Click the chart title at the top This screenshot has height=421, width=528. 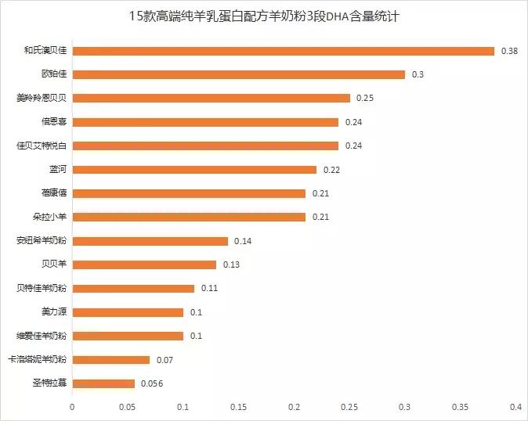click(265, 16)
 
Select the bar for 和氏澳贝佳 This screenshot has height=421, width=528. click(283, 51)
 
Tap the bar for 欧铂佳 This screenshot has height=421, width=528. click(238, 74)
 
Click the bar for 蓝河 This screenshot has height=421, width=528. click(194, 170)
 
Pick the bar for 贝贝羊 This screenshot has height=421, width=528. click(144, 264)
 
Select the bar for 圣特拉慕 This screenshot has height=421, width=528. click(103, 383)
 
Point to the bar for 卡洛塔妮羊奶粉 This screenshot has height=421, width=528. click(110, 360)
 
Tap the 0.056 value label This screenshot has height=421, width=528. click(151, 383)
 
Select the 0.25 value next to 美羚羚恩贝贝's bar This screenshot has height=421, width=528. click(364, 99)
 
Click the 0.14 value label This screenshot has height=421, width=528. click(242, 241)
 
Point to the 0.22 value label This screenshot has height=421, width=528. click(331, 170)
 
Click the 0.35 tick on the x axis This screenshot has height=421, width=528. click(460, 407)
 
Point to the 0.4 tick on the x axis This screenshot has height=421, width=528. click(515, 407)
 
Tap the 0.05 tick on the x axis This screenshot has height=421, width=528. click(128, 407)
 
